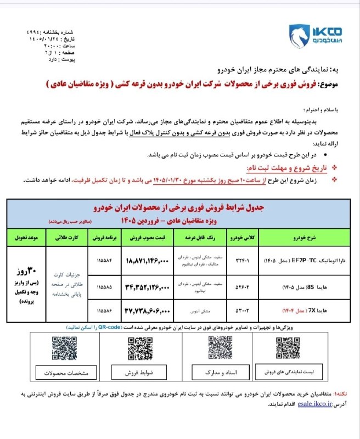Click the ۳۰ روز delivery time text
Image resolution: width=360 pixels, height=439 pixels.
26,272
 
